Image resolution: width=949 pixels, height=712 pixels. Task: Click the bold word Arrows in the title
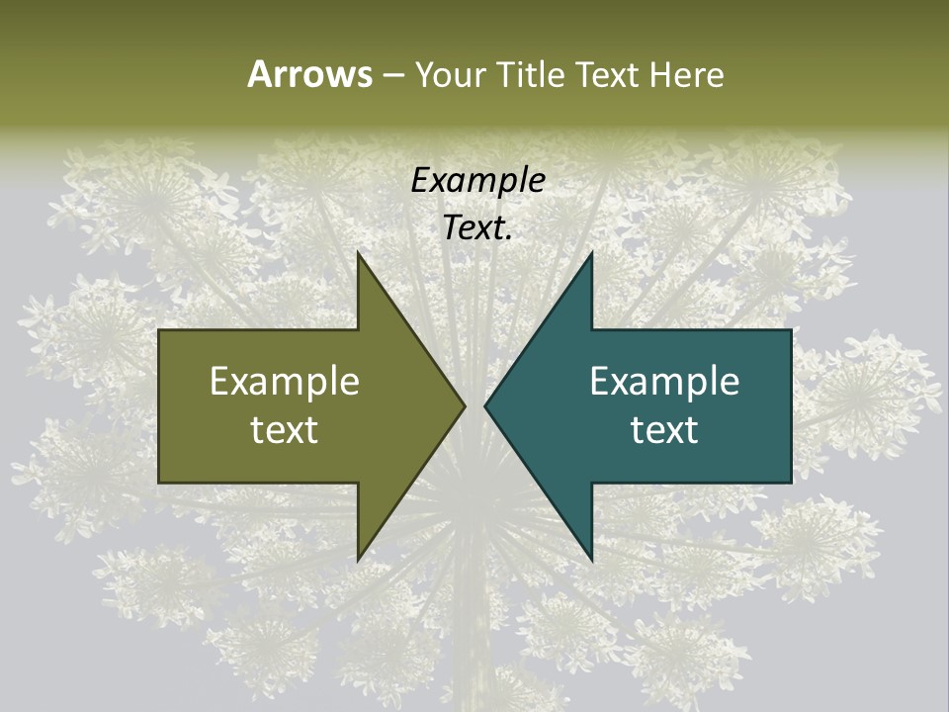coord(309,74)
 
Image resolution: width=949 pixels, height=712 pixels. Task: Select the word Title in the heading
coord(532,75)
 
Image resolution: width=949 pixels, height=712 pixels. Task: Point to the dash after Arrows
coord(392,76)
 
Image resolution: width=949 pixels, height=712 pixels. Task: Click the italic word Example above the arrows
coord(477,180)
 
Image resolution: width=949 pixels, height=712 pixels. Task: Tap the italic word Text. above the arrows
coord(477,228)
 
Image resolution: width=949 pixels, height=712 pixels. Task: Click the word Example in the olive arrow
coord(285,381)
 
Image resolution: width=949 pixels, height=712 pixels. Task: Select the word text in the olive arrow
coord(285,429)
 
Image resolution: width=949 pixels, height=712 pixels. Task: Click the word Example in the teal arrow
coord(664,381)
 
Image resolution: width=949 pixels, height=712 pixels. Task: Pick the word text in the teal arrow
coord(664,429)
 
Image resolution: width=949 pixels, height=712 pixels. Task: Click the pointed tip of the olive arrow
coord(465,404)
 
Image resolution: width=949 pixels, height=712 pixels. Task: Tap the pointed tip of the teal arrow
coord(485,404)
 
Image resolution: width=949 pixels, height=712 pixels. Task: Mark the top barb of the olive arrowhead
coord(359,254)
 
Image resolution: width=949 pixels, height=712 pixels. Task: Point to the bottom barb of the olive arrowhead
coord(359,560)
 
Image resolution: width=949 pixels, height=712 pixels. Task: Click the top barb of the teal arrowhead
coord(591,254)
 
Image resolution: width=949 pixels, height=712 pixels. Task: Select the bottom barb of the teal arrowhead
coord(591,560)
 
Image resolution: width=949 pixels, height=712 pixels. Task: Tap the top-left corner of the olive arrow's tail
coord(160,330)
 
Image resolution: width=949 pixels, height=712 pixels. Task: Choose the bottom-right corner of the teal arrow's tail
coord(791,482)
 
